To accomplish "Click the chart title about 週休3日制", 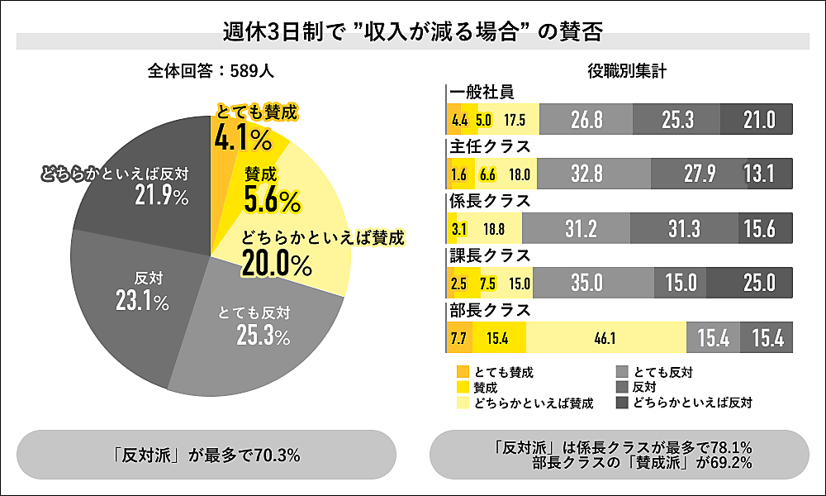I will click(412, 34).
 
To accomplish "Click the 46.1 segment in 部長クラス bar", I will click(606, 337).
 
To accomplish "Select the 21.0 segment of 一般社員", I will click(757, 119).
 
